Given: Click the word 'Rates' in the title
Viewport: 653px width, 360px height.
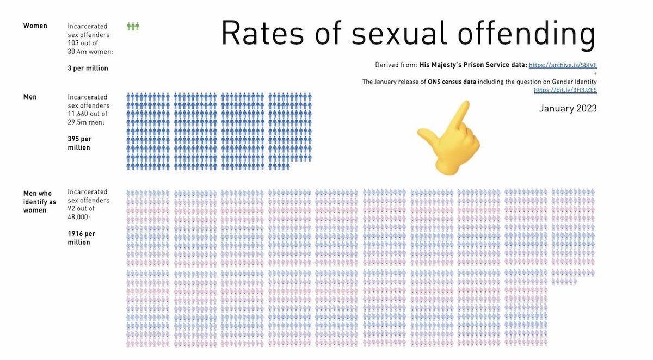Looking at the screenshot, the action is click(263, 33).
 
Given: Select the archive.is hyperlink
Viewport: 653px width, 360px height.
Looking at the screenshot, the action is click(563, 65).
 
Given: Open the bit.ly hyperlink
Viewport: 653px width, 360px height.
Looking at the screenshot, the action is click(565, 90).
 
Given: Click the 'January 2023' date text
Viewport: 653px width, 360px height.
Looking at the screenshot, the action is click(568, 108).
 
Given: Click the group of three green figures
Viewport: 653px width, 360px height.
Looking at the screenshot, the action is click(133, 27).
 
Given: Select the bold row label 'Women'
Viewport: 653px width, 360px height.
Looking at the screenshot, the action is click(35, 26).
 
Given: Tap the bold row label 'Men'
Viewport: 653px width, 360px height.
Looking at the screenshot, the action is click(30, 97).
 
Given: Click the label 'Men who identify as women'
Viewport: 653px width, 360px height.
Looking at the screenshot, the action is click(39, 202).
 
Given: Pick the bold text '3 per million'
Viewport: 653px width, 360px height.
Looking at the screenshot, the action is click(88, 68).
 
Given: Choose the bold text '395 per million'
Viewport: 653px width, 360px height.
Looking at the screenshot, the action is click(79, 143).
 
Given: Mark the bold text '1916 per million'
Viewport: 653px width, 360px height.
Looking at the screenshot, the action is click(81, 238).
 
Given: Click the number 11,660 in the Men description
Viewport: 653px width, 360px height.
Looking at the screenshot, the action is click(79, 114).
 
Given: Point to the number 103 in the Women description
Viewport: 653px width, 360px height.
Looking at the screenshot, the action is click(73, 43).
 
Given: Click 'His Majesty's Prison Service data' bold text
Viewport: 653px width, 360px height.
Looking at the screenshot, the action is click(473, 65).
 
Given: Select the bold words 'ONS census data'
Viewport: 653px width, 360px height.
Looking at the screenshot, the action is click(452, 82).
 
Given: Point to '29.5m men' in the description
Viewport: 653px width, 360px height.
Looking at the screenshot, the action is click(86, 122).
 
